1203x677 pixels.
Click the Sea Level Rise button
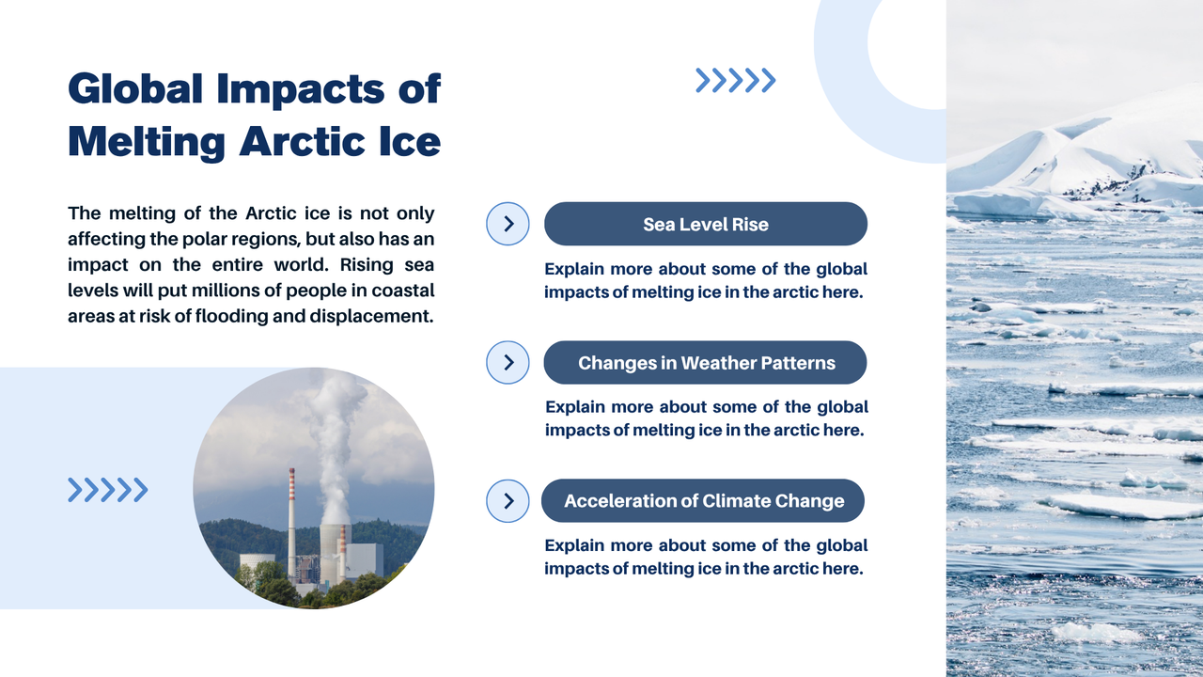click(x=705, y=224)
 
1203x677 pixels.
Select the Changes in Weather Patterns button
click(x=705, y=363)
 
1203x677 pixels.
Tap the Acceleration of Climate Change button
click(x=703, y=501)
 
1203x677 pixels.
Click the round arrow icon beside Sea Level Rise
click(x=508, y=224)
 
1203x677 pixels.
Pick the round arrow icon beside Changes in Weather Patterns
click(x=508, y=363)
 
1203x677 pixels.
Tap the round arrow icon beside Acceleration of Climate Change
click(x=508, y=501)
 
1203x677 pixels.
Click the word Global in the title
click(x=135, y=88)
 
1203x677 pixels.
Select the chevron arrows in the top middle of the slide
click(x=735, y=81)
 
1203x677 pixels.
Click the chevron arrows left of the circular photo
click(x=107, y=490)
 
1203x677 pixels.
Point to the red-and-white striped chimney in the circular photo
click(x=291, y=522)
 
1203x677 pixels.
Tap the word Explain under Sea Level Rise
click(x=575, y=270)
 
